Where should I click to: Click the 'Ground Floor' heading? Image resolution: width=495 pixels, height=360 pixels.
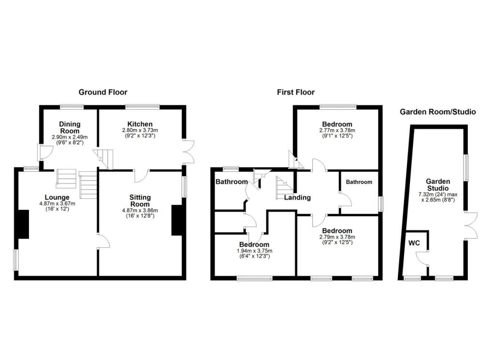coord(103,92)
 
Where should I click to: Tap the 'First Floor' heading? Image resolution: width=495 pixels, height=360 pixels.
coord(295,92)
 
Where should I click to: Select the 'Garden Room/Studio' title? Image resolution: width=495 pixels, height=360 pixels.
coord(437,112)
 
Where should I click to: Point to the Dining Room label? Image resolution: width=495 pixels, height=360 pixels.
coord(69,127)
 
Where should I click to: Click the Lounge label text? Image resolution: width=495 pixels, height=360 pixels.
coord(58,197)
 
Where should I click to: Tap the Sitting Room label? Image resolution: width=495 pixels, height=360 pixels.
coord(140,201)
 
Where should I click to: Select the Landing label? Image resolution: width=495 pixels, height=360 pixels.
coord(297,197)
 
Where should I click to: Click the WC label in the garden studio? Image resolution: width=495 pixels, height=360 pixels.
coord(413,242)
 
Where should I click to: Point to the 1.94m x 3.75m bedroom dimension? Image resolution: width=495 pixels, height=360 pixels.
coord(254,251)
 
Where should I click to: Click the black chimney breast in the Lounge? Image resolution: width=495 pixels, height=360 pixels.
coord(23,224)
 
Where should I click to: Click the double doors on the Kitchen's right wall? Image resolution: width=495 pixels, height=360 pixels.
coord(188,152)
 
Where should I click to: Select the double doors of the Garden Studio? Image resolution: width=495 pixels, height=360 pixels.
coord(471,225)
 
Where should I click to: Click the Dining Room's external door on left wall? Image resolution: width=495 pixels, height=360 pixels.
coord(43,152)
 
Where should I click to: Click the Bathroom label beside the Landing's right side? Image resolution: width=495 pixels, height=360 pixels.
coord(359,182)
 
